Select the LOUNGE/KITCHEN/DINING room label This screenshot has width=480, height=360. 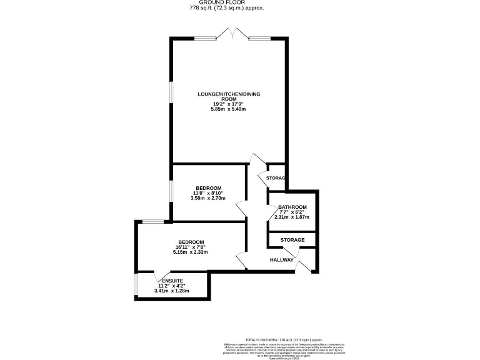(x=229, y=96)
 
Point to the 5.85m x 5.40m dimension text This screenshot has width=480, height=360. (x=229, y=109)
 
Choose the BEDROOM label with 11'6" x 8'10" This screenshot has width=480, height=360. (x=208, y=188)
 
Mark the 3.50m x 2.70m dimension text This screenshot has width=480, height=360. (x=208, y=199)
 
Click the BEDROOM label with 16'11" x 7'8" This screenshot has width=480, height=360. (x=191, y=242)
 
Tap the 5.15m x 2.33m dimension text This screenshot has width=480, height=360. (x=191, y=252)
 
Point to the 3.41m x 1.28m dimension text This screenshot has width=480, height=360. (x=171, y=291)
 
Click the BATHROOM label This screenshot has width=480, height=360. (x=292, y=207)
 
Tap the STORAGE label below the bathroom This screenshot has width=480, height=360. (x=292, y=240)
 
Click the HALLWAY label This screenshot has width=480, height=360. (x=282, y=259)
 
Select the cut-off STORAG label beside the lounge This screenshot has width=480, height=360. (x=276, y=178)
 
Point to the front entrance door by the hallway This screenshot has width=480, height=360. (x=305, y=261)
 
